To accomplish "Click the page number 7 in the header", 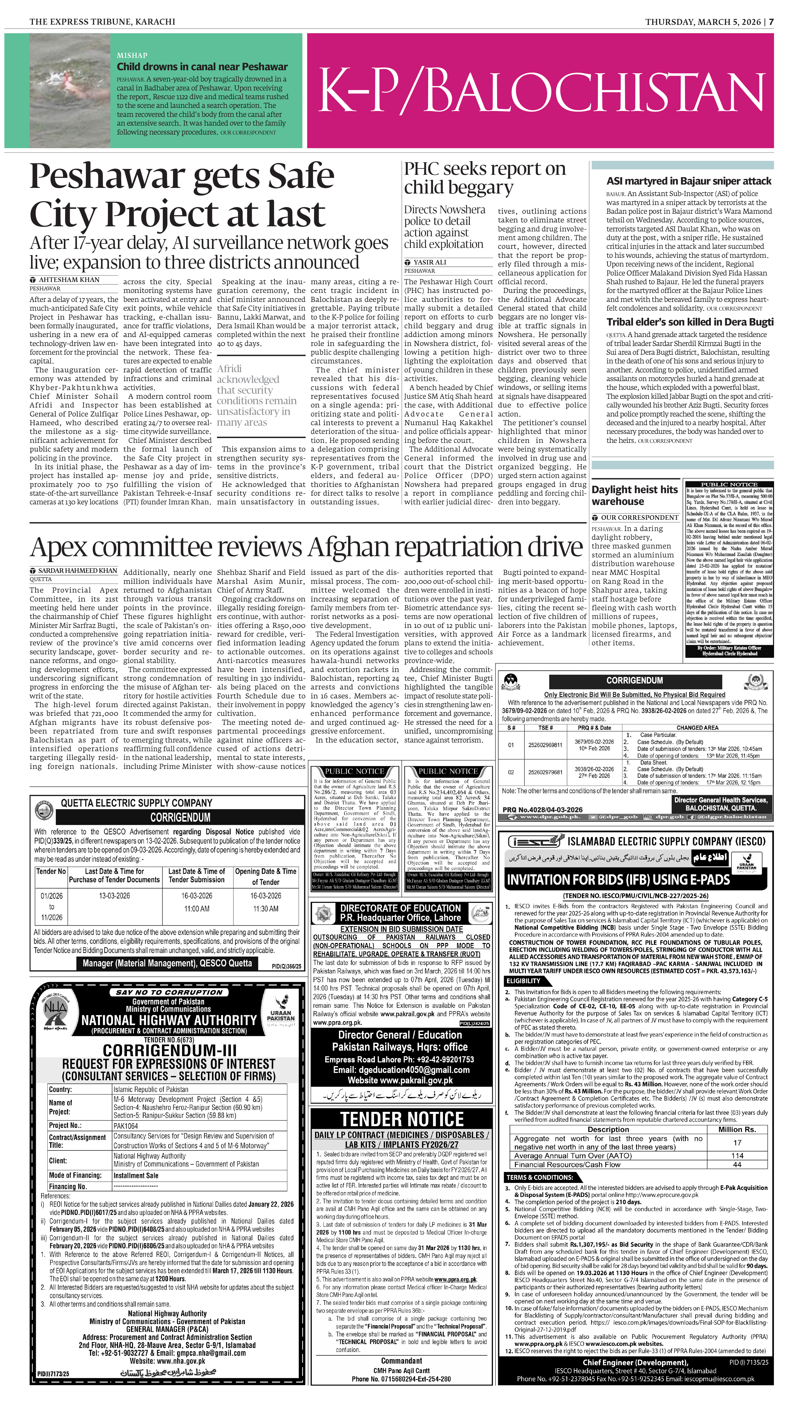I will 771,22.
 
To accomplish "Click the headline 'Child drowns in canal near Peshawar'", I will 202,67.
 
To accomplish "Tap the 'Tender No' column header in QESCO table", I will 51,871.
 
